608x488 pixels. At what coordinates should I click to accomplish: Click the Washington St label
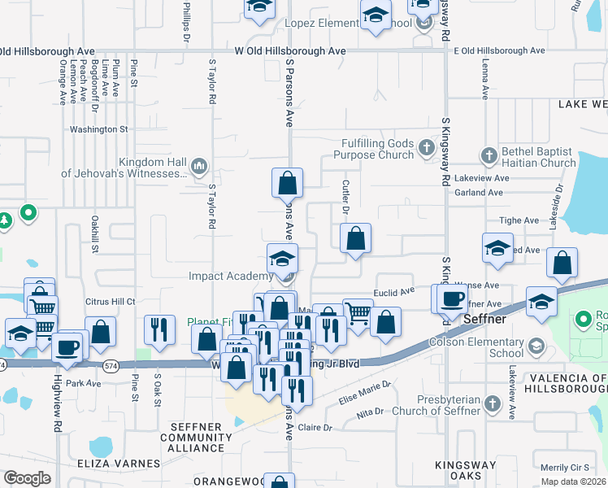coord(99,129)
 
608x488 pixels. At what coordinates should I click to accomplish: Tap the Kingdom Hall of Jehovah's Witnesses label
coord(124,168)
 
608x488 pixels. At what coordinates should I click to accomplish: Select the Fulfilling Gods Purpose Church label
coord(377,149)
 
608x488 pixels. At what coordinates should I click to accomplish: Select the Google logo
coord(27,477)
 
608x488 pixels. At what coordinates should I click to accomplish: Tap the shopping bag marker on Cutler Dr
coord(355,239)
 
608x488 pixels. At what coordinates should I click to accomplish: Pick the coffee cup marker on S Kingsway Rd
coord(452,298)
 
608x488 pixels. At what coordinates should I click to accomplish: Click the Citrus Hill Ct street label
coord(110,301)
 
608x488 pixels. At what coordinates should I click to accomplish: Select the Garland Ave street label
coord(480,193)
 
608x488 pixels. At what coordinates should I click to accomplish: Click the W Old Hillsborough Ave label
coord(290,50)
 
